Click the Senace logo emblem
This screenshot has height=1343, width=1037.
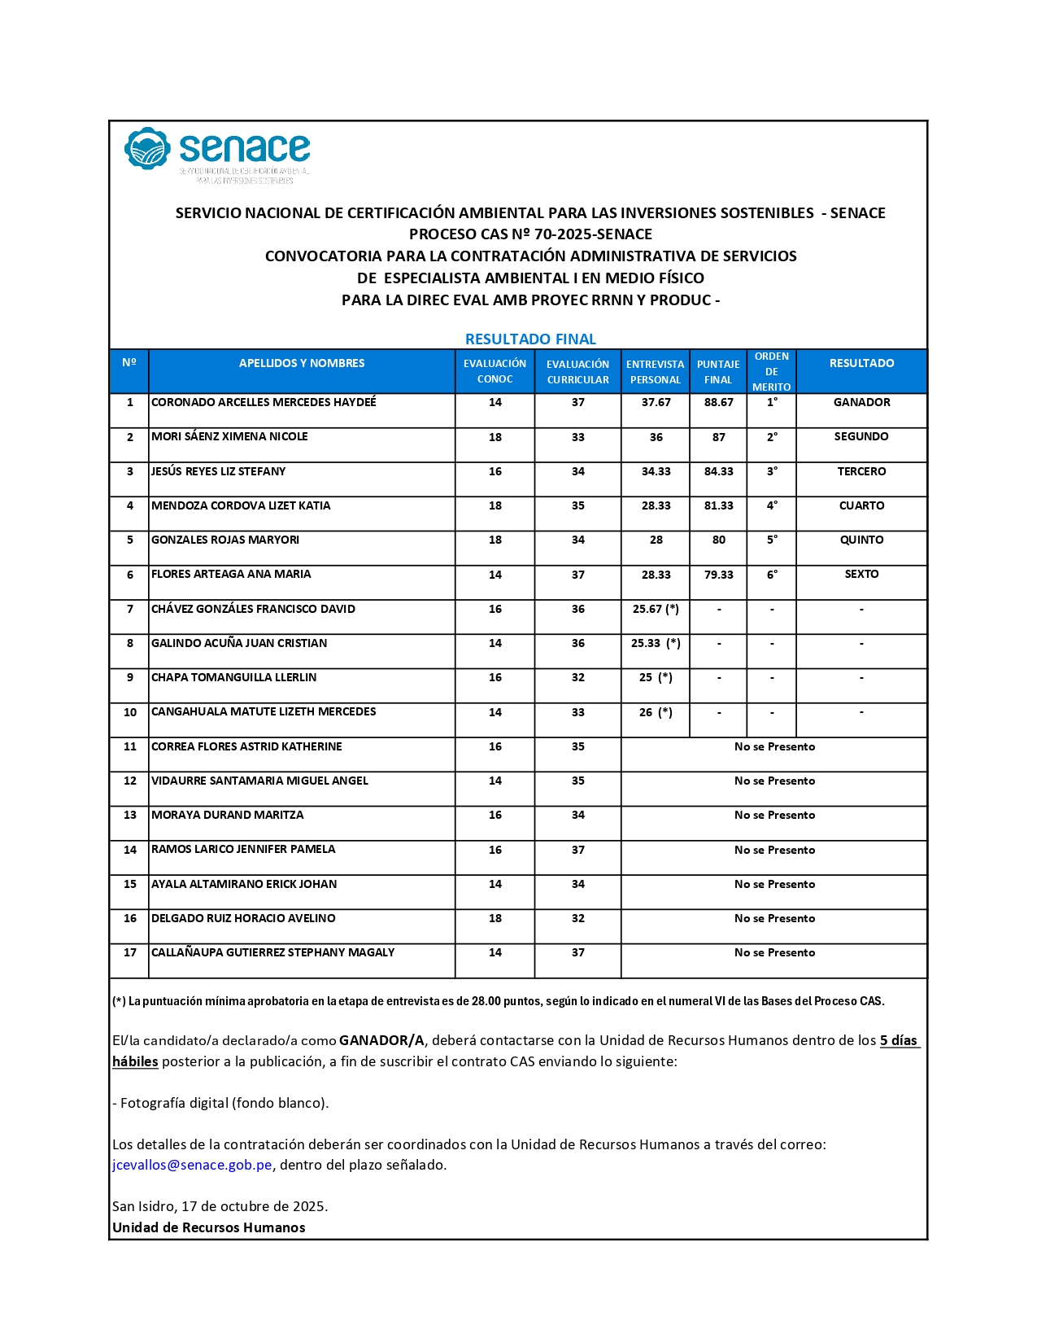[x=147, y=148]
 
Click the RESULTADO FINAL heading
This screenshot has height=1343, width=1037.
[x=530, y=339]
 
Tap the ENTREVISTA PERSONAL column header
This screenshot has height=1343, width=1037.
[x=655, y=372]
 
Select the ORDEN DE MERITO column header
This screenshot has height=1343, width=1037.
[x=771, y=372]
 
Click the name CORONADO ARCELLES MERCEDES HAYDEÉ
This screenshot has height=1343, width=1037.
[x=264, y=402]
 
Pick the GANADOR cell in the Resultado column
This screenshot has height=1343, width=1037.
[x=861, y=402]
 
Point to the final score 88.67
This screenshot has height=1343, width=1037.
[x=718, y=402]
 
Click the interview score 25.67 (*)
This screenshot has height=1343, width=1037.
[x=656, y=609]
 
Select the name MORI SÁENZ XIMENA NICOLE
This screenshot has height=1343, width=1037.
[x=229, y=436]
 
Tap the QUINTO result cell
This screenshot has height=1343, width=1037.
[x=861, y=540]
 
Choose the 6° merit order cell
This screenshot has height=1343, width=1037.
[x=772, y=574]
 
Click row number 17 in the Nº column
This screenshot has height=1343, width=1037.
[x=130, y=952]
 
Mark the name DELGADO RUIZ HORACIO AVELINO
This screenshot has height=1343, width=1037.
[x=243, y=918]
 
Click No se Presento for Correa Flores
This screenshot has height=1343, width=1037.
[x=774, y=746]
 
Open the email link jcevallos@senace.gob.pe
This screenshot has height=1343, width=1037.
[x=192, y=1165]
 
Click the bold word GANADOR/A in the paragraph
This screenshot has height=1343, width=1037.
[x=381, y=1040]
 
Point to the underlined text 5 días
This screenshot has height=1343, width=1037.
[x=899, y=1040]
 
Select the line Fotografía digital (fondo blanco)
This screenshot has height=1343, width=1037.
[x=220, y=1103]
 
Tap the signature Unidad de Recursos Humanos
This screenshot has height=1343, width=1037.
[x=209, y=1227]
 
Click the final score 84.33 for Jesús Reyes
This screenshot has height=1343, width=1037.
[x=718, y=471]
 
